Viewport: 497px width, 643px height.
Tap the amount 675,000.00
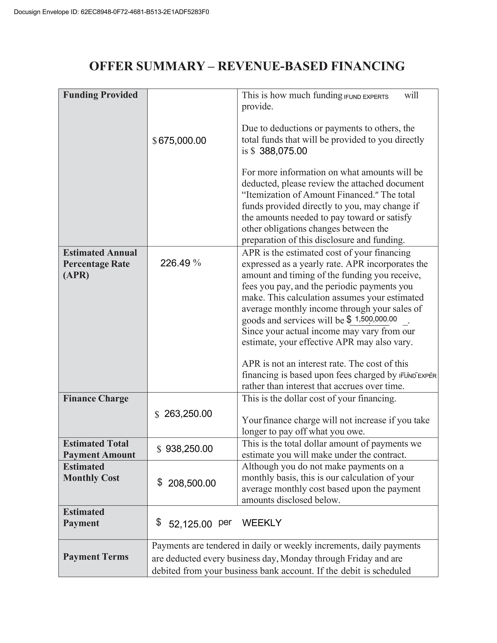pyautogui.click(x=182, y=141)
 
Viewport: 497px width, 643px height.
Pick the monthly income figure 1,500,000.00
pyautogui.click(x=376, y=319)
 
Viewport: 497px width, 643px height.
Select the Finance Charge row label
pyautogui.click(x=96, y=398)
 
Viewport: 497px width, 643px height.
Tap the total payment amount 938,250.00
pyautogui.click(x=189, y=449)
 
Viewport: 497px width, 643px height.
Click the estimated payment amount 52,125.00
pyautogui.click(x=190, y=524)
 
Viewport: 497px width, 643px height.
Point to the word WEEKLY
pyautogui.click(x=262, y=523)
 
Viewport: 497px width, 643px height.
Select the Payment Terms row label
pyautogui.click(x=96, y=557)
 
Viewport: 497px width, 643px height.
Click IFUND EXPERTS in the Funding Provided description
pyautogui.click(x=366, y=97)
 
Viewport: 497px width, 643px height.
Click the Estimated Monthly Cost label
pyautogui.click(x=91, y=472)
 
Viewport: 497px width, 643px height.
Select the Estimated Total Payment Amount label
pyautogui.click(x=99, y=449)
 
